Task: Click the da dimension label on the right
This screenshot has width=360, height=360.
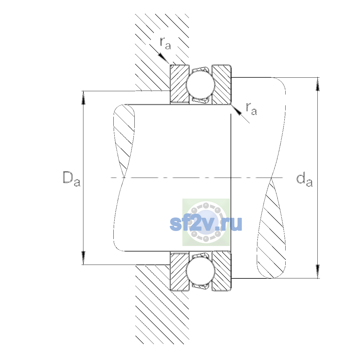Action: pyautogui.click(x=304, y=180)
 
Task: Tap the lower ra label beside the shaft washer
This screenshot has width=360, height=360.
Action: pyautogui.click(x=251, y=109)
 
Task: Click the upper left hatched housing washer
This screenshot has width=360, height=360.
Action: pyautogui.click(x=179, y=84)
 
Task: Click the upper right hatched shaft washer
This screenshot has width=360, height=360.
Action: pyautogui.click(x=222, y=84)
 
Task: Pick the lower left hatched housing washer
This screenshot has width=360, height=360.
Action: pyautogui.click(x=179, y=271)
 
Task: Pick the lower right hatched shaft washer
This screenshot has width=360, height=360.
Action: pyautogui.click(x=222, y=271)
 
